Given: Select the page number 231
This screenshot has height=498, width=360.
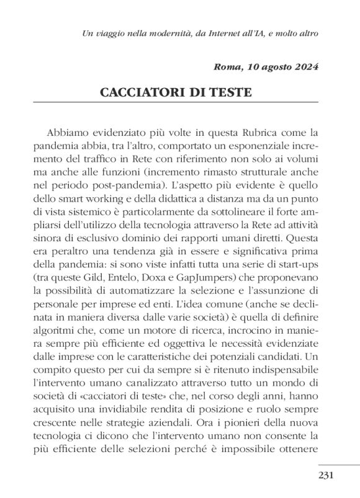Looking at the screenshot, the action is [326, 476].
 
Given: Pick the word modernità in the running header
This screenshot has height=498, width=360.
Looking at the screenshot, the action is [143, 32].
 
